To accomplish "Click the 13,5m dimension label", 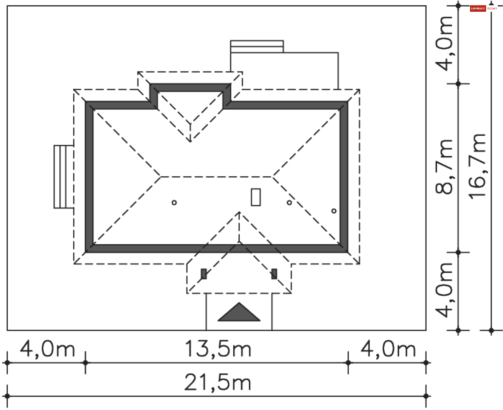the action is click(x=218, y=349).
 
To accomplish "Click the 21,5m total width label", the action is click(x=218, y=383).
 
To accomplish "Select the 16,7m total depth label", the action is click(x=478, y=167).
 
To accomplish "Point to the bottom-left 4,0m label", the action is click(x=47, y=349).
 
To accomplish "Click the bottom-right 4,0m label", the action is click(x=388, y=349).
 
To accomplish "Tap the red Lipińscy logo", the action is click(x=478, y=9).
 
